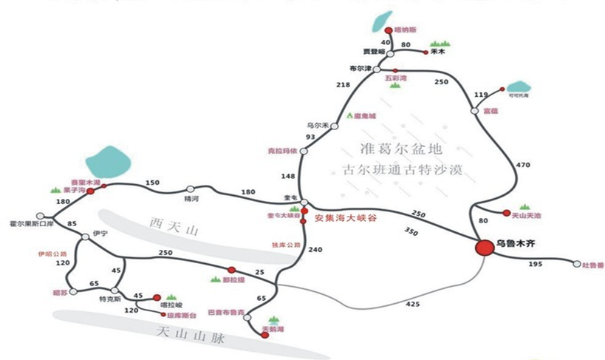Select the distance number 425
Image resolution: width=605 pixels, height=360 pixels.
coord(410,305)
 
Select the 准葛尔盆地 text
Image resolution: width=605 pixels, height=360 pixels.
coord(391,147)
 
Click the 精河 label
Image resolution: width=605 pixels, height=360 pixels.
coord(191,199)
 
